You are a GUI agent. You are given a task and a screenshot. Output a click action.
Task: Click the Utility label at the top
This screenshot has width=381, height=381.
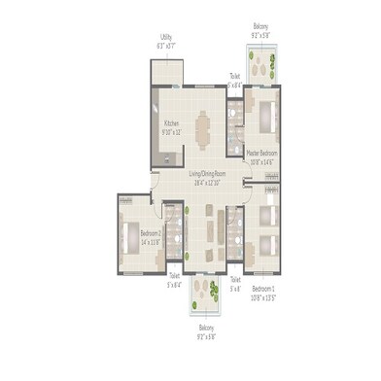pos(166,40)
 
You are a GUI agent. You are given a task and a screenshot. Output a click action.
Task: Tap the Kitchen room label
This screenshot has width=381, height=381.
pos(171,123)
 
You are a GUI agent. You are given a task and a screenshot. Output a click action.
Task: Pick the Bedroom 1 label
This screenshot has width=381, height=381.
pos(264,289)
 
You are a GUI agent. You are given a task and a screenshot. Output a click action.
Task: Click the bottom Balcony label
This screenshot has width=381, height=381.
pos(207,328)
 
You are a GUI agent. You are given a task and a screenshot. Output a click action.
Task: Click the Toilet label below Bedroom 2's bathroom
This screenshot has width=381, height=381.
pos(174,279)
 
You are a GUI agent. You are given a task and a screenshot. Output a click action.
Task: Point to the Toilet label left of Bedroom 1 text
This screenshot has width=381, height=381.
pos(234,280)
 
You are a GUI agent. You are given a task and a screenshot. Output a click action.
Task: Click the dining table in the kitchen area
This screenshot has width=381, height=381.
pos(203,127)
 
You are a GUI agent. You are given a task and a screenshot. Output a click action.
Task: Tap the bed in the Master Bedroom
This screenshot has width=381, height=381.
pos(265,116)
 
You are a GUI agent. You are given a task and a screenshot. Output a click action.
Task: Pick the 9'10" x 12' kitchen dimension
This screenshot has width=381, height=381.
pos(172,131)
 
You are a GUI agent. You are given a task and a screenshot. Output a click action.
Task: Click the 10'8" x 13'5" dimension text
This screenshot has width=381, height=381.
pos(264,296)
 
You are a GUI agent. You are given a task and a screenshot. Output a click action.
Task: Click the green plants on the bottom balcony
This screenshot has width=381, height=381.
pos(205,291)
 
